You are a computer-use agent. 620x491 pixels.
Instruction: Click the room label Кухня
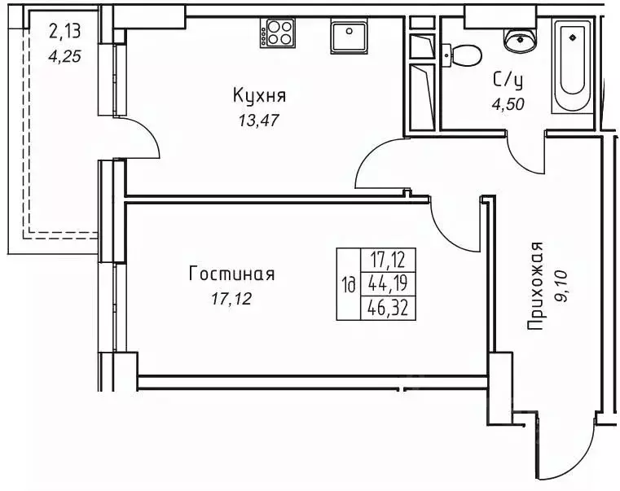260,97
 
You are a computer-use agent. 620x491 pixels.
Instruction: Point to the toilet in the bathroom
463,55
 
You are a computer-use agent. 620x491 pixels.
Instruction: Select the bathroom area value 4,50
508,103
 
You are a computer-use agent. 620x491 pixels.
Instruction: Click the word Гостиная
232,274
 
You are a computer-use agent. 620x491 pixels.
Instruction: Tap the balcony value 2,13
64,33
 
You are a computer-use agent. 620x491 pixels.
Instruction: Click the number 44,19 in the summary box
388,285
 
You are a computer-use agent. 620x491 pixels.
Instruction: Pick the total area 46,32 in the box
388,308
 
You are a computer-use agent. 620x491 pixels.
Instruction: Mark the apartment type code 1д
348,285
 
